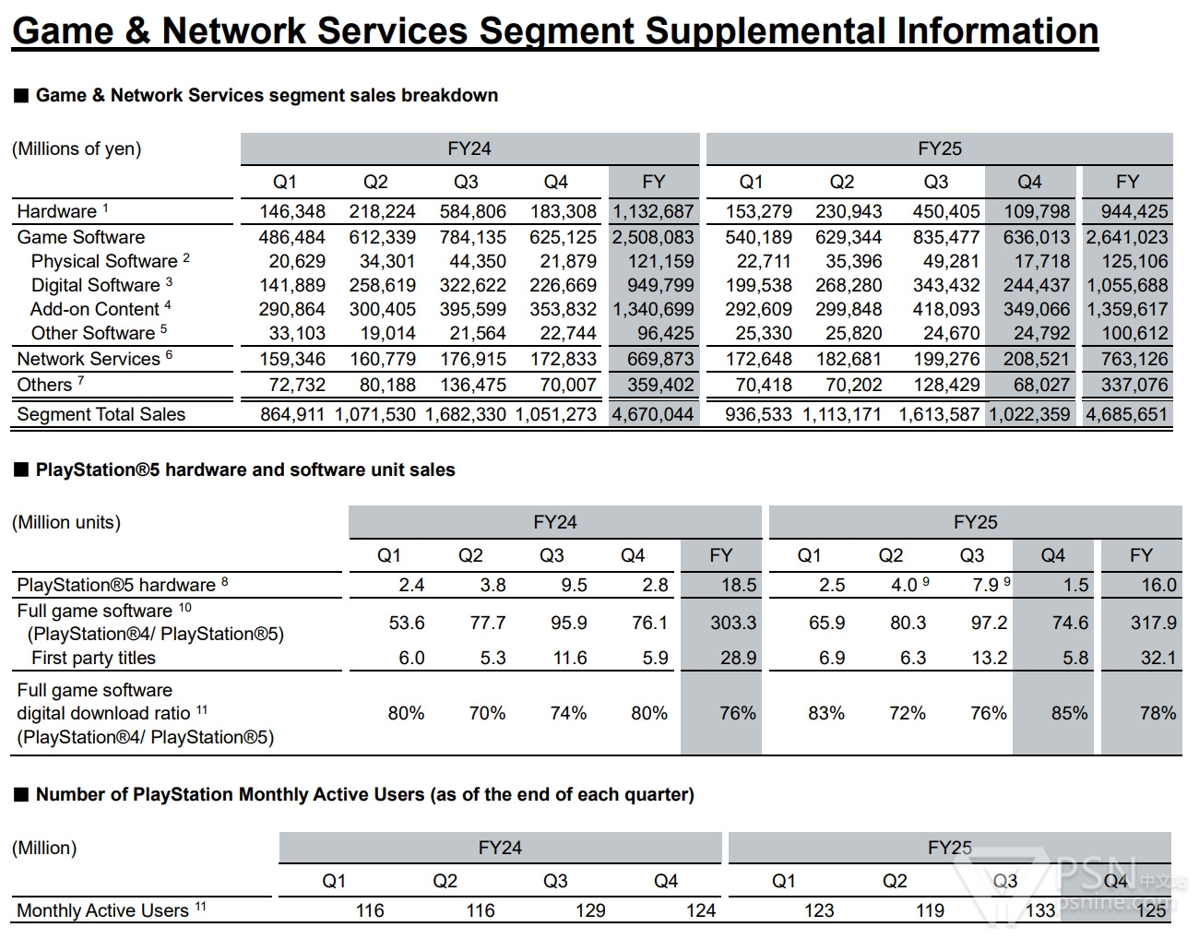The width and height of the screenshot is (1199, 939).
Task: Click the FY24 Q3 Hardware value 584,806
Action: (x=472, y=211)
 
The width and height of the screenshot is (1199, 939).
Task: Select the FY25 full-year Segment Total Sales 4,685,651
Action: (x=1126, y=414)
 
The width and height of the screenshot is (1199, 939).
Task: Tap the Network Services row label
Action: (x=89, y=359)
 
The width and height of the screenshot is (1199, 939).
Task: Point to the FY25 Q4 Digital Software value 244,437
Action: (x=1037, y=285)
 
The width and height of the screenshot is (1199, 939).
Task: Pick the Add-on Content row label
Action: (x=94, y=309)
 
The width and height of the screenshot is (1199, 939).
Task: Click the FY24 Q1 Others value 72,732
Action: (x=297, y=385)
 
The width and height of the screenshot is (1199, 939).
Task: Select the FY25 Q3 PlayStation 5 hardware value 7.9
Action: (x=985, y=585)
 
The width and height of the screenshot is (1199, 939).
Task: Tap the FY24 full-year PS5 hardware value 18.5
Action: (x=740, y=585)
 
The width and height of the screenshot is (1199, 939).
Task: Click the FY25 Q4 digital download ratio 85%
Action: (x=1069, y=713)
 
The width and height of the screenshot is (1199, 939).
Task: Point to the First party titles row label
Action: (x=93, y=658)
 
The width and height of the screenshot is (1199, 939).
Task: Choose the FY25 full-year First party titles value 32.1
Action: (x=1158, y=658)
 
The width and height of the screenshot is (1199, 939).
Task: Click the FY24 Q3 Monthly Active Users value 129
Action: (x=590, y=910)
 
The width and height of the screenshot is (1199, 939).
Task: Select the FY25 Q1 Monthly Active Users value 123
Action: (x=819, y=910)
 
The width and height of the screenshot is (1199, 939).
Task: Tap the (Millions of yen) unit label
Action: (x=77, y=149)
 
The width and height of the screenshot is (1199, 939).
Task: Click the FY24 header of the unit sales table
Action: (x=555, y=522)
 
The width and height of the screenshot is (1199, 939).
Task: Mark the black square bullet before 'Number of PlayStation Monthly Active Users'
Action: (x=21, y=794)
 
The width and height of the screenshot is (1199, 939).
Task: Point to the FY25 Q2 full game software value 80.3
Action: (x=908, y=623)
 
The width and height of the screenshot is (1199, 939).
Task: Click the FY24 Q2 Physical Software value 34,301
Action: (x=387, y=261)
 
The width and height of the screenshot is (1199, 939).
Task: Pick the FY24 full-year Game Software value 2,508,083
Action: (x=653, y=237)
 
